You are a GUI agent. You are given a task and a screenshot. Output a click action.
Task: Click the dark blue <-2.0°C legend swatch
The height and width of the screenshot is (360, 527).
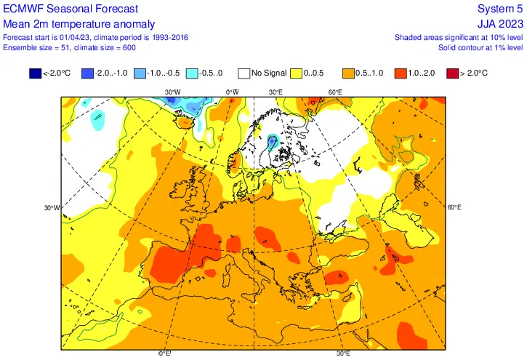click(35, 73)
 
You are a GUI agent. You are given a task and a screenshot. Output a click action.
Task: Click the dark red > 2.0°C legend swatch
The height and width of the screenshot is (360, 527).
click(453, 73)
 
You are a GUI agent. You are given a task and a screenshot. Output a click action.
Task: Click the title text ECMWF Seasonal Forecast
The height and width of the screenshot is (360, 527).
click(60, 9)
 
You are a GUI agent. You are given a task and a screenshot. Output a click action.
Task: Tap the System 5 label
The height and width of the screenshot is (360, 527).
click(502, 9)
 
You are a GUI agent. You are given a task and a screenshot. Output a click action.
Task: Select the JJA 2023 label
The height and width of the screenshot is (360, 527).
click(501, 23)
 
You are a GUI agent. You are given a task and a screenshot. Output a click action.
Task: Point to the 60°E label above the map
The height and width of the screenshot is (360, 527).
click(334, 92)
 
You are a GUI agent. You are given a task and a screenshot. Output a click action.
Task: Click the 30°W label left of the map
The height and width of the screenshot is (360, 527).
click(52, 208)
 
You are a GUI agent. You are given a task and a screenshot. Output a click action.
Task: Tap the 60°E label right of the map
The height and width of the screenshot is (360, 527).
click(454, 208)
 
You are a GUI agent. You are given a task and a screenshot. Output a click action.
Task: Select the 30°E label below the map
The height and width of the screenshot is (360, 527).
click(344, 353)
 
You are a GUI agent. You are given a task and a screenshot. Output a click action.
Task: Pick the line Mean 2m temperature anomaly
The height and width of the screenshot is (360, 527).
click(69, 23)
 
